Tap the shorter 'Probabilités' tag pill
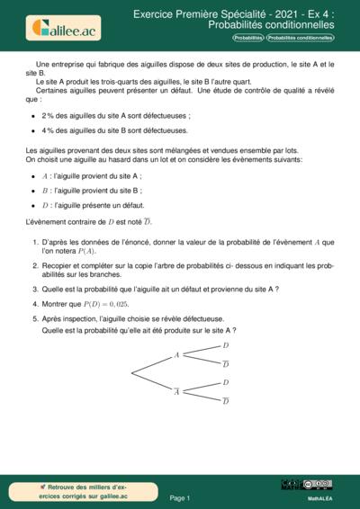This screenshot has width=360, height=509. point(248,39)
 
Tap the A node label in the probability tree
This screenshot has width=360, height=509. point(176,355)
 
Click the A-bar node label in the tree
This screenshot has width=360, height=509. point(176,390)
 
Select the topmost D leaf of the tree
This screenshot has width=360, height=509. point(225,345)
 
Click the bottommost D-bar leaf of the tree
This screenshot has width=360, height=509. point(225,400)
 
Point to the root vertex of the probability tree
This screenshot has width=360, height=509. point(132,372)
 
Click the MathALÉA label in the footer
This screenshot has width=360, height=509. point(321,496)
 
